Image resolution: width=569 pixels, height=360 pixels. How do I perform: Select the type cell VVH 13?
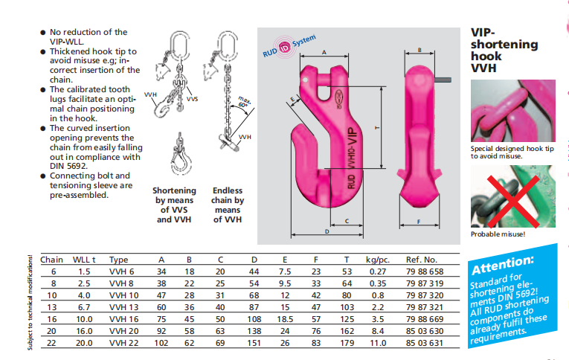click(x=123, y=306)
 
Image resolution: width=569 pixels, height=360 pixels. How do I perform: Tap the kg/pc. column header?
click(x=378, y=261)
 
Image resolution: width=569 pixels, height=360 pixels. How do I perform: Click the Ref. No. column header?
click(x=423, y=261)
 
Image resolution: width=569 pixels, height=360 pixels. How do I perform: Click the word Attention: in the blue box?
click(x=503, y=263)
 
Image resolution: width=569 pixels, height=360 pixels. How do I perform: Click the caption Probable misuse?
click(x=498, y=235)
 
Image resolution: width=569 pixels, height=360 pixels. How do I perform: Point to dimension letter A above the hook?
click(x=324, y=52)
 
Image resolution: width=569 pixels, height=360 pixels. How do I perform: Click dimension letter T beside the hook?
click(x=378, y=127)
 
